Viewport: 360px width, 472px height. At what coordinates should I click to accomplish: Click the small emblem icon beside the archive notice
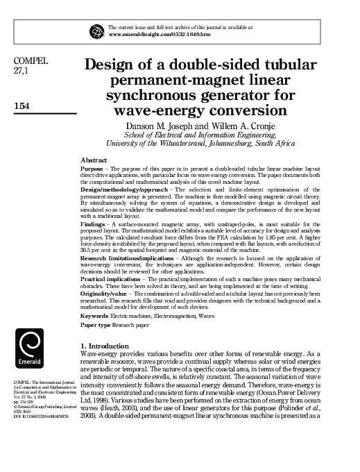point(96,31)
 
